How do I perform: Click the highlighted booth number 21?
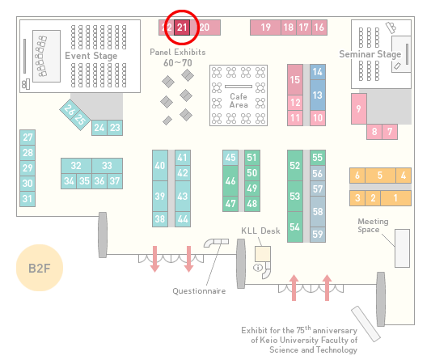[182, 28]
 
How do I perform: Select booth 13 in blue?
[318, 95]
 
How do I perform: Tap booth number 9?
[359, 109]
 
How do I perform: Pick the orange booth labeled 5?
[380, 176]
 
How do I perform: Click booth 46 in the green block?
[230, 181]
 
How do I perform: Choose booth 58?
[318, 211]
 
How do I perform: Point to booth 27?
[27, 138]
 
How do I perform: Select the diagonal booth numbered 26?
[69, 110]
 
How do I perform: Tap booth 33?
[108, 166]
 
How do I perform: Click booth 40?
[160, 166]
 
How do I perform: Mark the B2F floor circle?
[40, 268]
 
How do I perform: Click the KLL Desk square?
[263, 254]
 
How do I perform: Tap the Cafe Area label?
[239, 100]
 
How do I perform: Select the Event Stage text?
[91, 56]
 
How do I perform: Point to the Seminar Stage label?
[370, 54]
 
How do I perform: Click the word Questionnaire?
[199, 291]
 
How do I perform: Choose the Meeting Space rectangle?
[402, 248]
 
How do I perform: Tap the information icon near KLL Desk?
[258, 267]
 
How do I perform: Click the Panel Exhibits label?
[178, 52]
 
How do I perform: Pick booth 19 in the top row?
[265, 28]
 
